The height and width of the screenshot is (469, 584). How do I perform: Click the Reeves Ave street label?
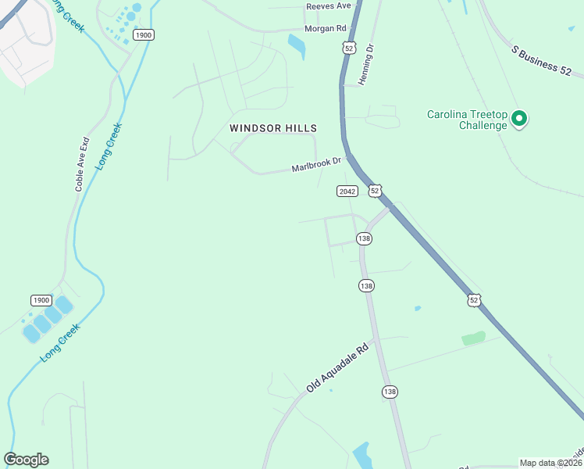pos(328,5)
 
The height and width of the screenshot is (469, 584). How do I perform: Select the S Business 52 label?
pos(547,61)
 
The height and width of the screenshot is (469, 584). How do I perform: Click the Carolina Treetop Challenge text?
pos(467,120)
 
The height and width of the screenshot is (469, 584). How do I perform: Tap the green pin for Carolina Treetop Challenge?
pos(519,120)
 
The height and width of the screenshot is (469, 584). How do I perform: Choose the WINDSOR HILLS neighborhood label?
pos(272,127)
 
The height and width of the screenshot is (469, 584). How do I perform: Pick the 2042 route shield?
pos(347,192)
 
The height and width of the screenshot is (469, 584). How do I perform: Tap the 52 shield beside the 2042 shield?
pos(376,191)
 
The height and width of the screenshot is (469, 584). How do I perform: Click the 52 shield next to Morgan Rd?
pos(351,48)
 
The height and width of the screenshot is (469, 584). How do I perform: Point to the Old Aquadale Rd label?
pos(337,369)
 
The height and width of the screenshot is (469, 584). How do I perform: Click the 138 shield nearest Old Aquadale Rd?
pos(390,391)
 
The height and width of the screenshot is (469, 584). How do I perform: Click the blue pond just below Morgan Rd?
pos(297,45)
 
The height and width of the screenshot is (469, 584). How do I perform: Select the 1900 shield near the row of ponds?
pos(41,300)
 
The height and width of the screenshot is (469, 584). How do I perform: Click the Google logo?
pos(26,460)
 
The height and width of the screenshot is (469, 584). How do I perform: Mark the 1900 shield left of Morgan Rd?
pos(143,35)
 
